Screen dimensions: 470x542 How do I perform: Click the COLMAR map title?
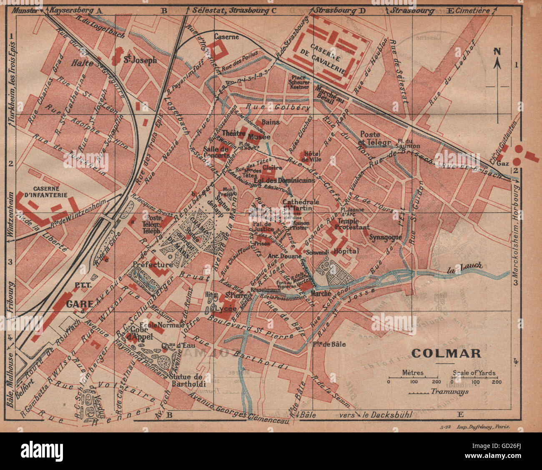coord(446,353)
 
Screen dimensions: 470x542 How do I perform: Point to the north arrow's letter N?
coord(497,51)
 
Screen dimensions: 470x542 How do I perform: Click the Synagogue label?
coord(385,237)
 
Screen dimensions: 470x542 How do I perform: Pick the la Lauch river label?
coord(464,265)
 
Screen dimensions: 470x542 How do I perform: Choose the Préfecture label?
coord(153,265)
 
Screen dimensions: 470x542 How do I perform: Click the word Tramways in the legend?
coord(449,391)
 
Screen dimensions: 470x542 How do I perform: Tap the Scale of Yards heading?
coord(474,373)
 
